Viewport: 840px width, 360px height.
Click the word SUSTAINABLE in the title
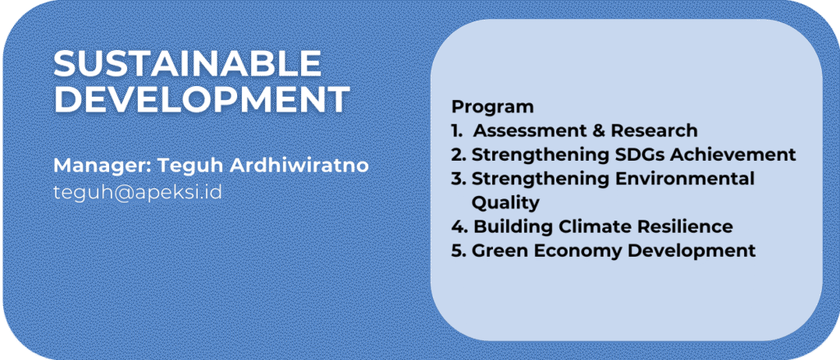click(188, 64)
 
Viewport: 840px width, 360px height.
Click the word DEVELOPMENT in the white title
click(202, 99)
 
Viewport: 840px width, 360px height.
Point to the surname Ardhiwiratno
click(299, 166)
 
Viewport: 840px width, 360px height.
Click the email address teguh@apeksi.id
click(138, 193)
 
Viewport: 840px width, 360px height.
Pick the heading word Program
click(492, 107)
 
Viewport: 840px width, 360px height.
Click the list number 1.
click(455, 130)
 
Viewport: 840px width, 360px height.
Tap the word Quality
click(505, 203)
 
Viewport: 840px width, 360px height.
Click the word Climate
click(596, 226)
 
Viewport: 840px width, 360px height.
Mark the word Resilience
click(685, 226)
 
